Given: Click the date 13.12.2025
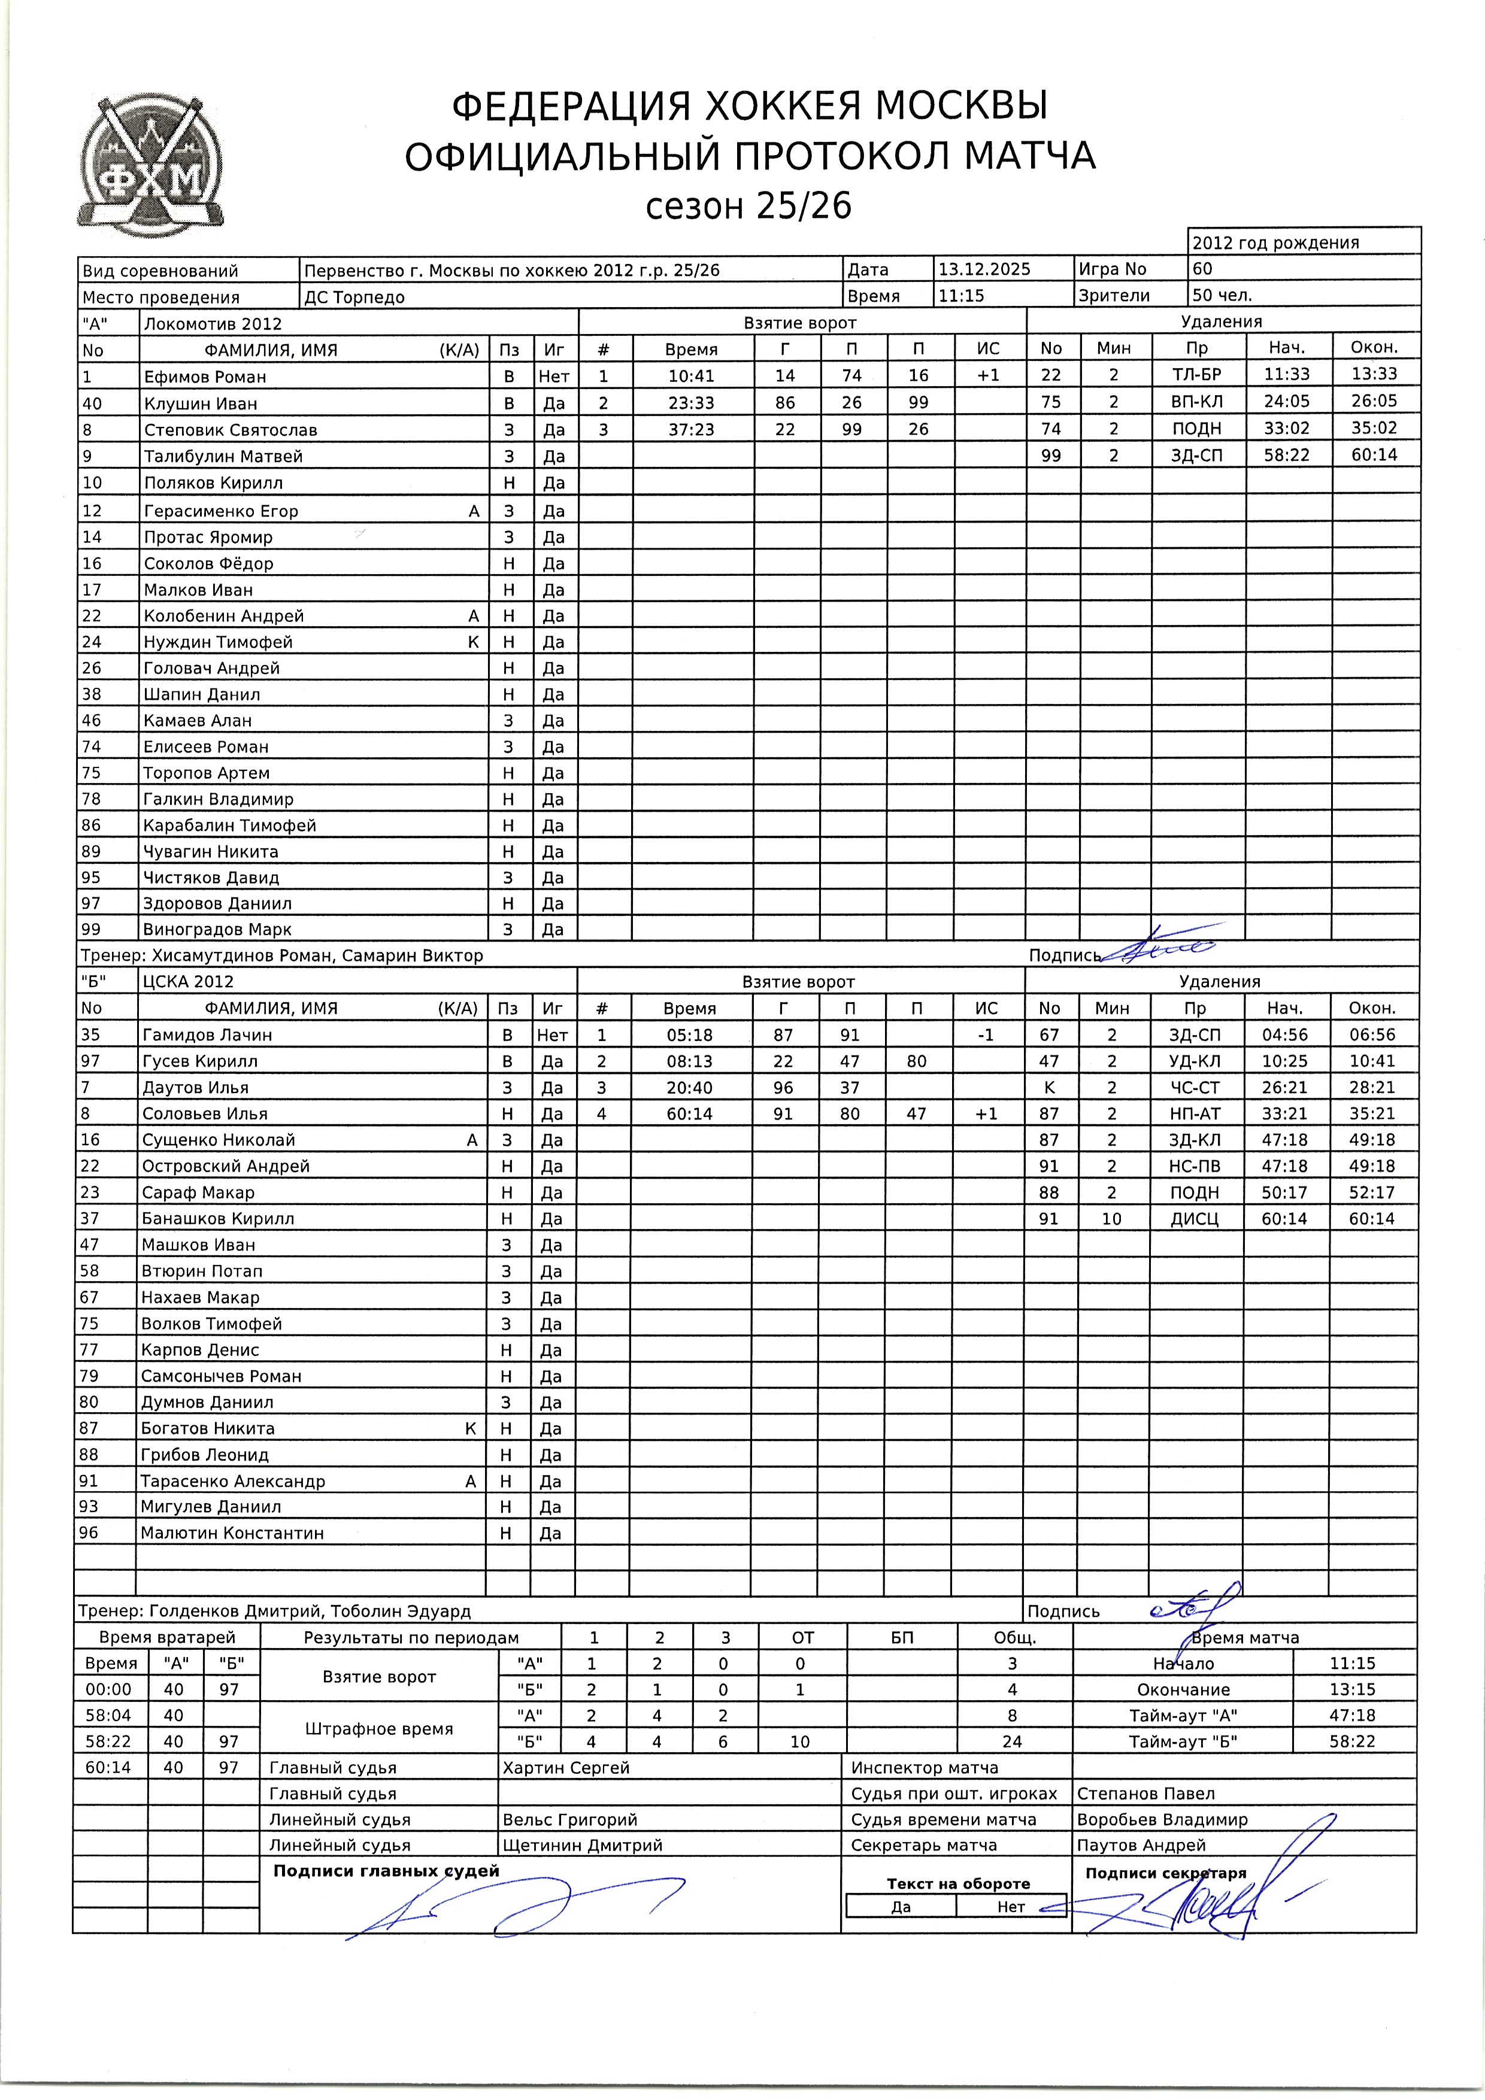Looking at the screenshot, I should [x=984, y=269].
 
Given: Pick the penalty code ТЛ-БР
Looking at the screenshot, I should [x=1196, y=375].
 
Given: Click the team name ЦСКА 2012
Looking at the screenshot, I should [x=187, y=981].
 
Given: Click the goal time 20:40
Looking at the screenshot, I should [x=689, y=1088].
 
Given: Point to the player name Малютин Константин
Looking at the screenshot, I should [x=232, y=1534].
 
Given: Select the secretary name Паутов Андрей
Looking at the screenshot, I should [x=1141, y=1846].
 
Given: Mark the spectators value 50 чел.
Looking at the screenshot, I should [x=1222, y=296].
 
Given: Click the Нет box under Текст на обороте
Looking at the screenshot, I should [x=1011, y=1907].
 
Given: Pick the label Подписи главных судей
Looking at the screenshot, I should [x=386, y=1871].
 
